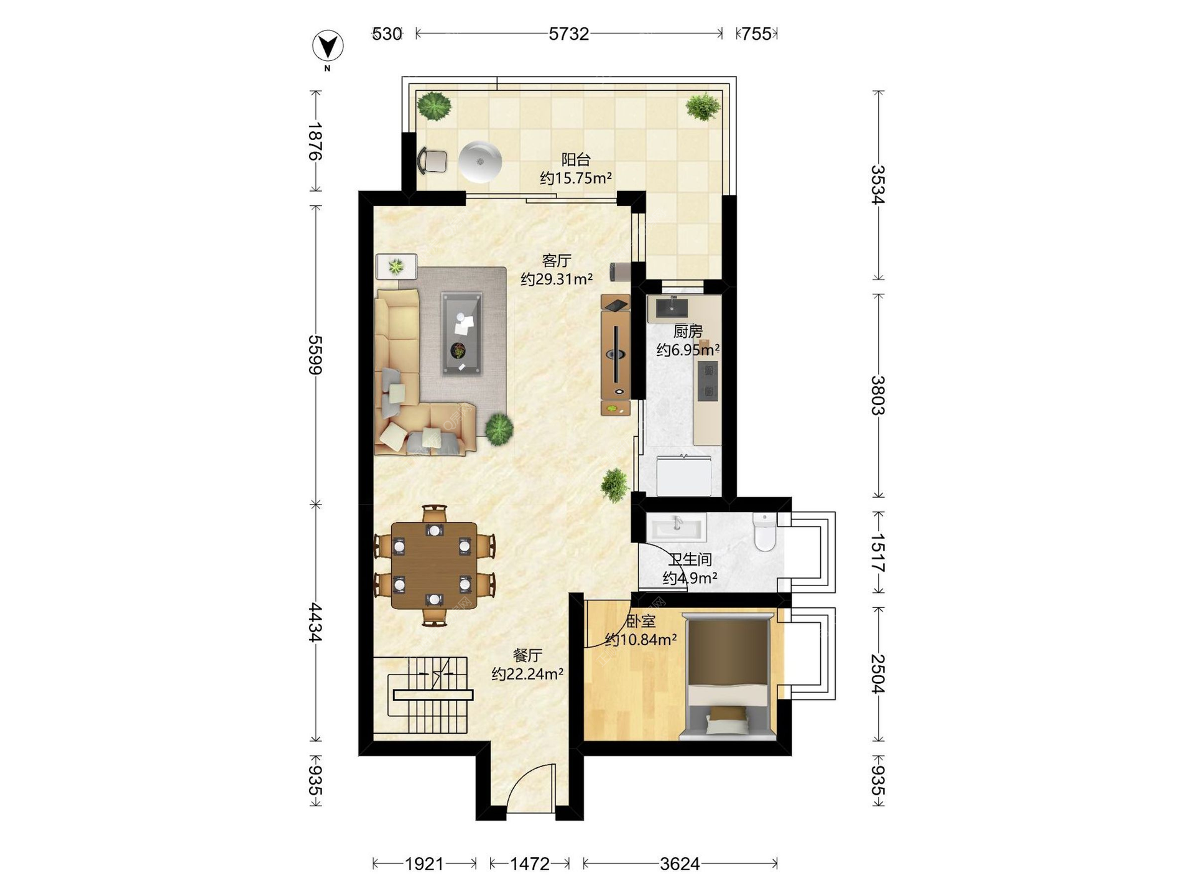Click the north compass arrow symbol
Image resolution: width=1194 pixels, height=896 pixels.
[328, 45]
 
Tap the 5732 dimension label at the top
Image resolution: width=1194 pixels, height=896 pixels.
[568, 34]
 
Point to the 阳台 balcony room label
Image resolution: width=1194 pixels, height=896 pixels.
[576, 160]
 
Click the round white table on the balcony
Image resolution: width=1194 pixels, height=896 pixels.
[479, 162]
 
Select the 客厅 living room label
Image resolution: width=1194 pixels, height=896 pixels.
[557, 261]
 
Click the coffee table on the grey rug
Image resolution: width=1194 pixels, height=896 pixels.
[461, 334]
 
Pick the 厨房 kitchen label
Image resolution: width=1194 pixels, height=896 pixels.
[688, 331]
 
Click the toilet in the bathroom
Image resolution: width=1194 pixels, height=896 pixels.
[764, 531]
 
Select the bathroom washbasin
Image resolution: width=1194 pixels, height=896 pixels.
[677, 527]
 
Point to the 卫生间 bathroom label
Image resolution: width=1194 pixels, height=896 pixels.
[690, 559]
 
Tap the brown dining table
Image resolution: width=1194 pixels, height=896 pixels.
[434, 565]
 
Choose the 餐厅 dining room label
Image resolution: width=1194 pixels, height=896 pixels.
[527, 655]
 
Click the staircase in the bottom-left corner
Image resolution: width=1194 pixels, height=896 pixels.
[429, 695]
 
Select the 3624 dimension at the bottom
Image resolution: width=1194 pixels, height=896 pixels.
[680, 864]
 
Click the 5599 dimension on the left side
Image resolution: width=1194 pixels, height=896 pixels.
[316, 355]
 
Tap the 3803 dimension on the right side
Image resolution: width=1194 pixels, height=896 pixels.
[877, 395]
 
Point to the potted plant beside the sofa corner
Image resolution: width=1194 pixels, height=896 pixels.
[499, 429]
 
